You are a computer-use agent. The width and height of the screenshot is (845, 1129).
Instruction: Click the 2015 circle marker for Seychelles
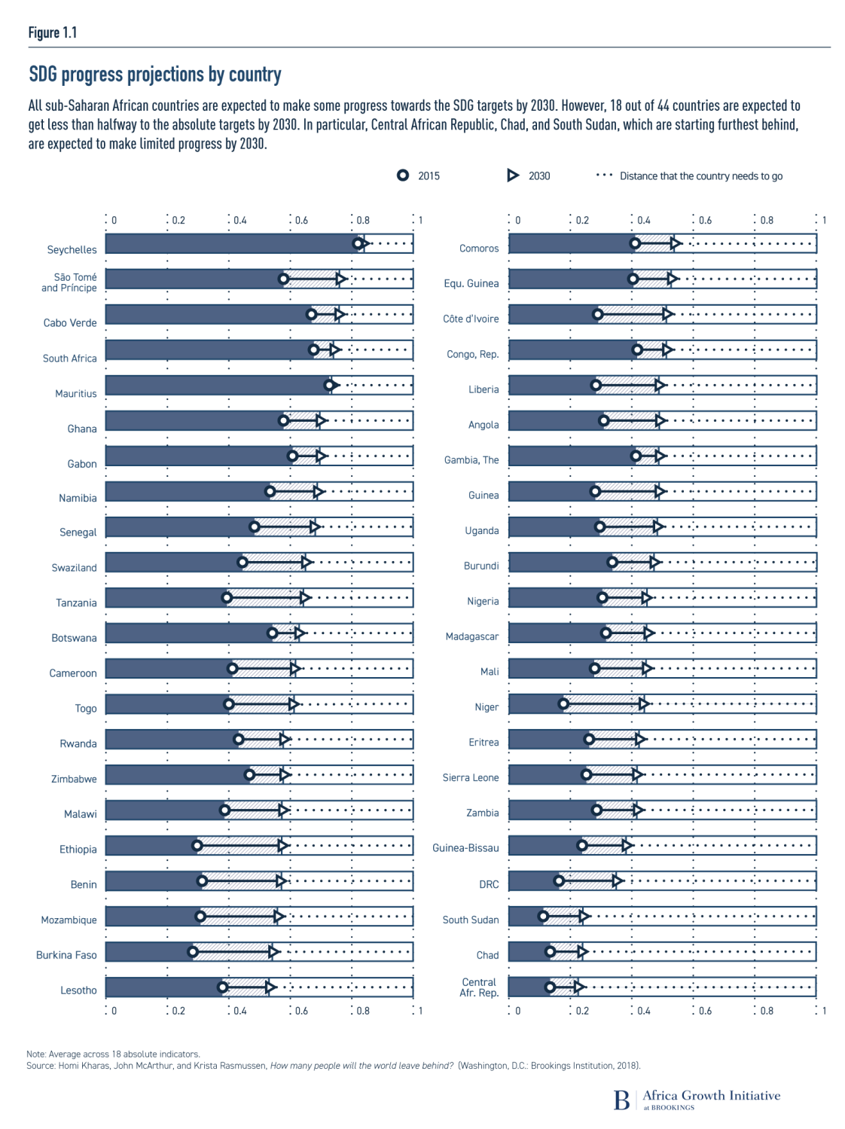358,243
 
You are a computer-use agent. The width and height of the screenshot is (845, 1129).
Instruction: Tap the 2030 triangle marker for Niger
644,703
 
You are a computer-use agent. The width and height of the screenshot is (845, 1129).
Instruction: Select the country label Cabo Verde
70,323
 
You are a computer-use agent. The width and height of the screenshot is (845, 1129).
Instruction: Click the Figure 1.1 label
53,32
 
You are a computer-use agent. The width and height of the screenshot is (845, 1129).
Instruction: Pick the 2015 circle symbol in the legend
403,175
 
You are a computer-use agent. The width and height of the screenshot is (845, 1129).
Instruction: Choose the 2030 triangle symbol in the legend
513,175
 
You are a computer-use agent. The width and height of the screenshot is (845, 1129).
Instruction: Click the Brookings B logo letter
621,1100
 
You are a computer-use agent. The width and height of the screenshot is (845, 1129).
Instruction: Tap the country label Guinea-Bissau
465,848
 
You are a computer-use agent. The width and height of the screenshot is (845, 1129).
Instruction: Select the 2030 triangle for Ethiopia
283,846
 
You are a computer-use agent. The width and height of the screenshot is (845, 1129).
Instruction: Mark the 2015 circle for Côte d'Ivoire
598,314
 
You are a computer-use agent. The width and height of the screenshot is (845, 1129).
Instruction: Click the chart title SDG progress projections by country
155,75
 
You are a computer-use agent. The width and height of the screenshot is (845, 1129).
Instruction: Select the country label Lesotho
78,990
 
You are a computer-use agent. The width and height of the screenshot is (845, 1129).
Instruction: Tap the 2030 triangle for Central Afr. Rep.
578,987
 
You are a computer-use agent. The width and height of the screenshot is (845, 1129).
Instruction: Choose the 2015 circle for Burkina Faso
193,952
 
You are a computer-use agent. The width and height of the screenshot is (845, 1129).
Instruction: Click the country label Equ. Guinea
471,284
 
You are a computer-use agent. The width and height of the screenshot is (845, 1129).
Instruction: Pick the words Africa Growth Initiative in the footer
711,1096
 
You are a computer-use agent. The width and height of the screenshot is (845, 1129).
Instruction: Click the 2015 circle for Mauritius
329,385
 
